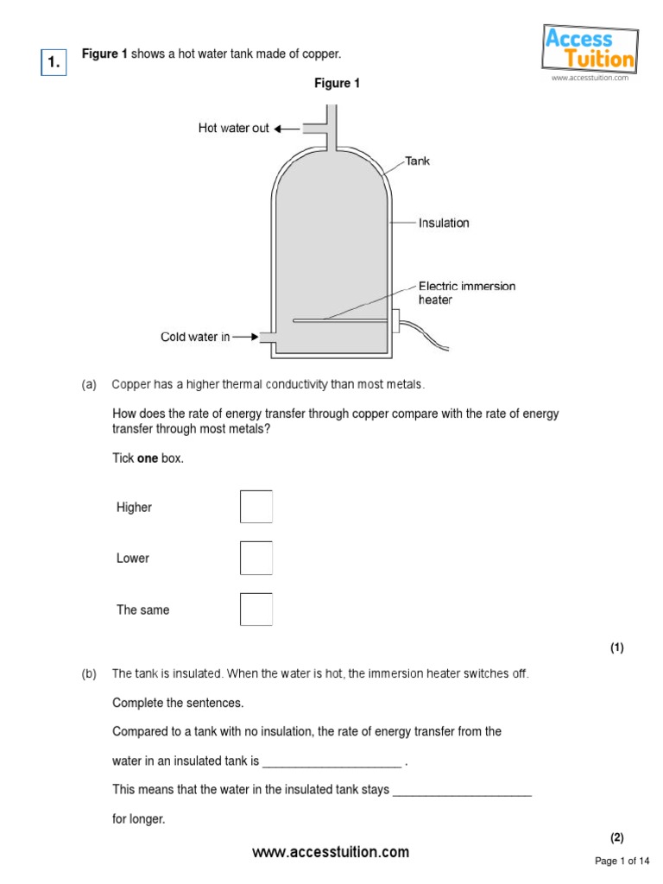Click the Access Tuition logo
click(590, 49)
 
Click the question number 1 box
click(54, 61)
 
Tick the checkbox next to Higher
click(256, 507)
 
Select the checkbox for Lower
click(256, 558)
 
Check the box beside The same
click(256, 609)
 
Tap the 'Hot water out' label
click(233, 129)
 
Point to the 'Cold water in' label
click(195, 337)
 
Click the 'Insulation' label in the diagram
click(444, 223)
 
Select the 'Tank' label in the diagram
click(418, 161)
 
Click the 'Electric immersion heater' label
click(466, 293)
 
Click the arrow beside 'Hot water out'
click(287, 129)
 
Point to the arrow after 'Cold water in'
click(246, 337)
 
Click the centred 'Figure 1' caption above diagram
click(337, 84)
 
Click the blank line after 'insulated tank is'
click(331, 763)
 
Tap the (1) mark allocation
click(616, 648)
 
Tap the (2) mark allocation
click(616, 837)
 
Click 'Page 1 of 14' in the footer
click(622, 861)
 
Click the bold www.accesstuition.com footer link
click(331, 852)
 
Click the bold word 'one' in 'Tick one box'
click(148, 458)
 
